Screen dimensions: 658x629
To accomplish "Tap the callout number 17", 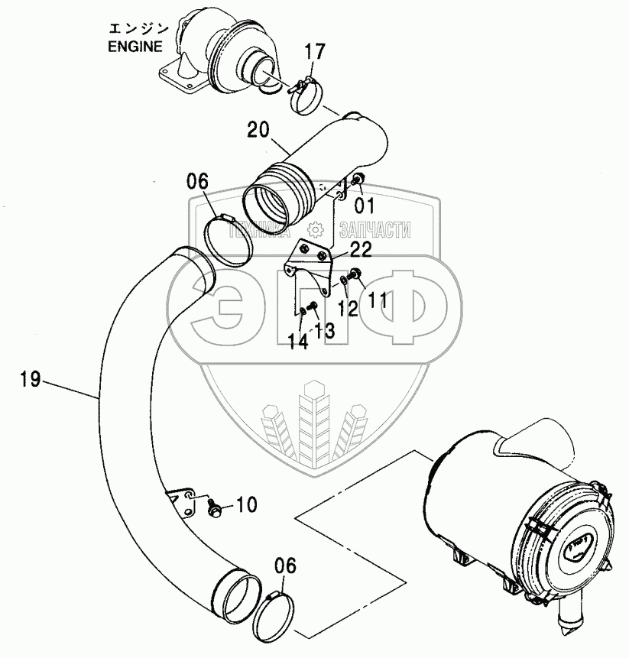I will (x=315, y=53).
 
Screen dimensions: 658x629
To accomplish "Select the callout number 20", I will (x=258, y=131).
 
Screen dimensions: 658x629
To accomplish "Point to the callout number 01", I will (x=364, y=205).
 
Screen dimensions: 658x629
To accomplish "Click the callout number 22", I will (x=361, y=250).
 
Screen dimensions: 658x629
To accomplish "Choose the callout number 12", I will (x=348, y=308).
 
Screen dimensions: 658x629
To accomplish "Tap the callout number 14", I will (x=299, y=342).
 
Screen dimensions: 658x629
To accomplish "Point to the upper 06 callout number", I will (x=196, y=183).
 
